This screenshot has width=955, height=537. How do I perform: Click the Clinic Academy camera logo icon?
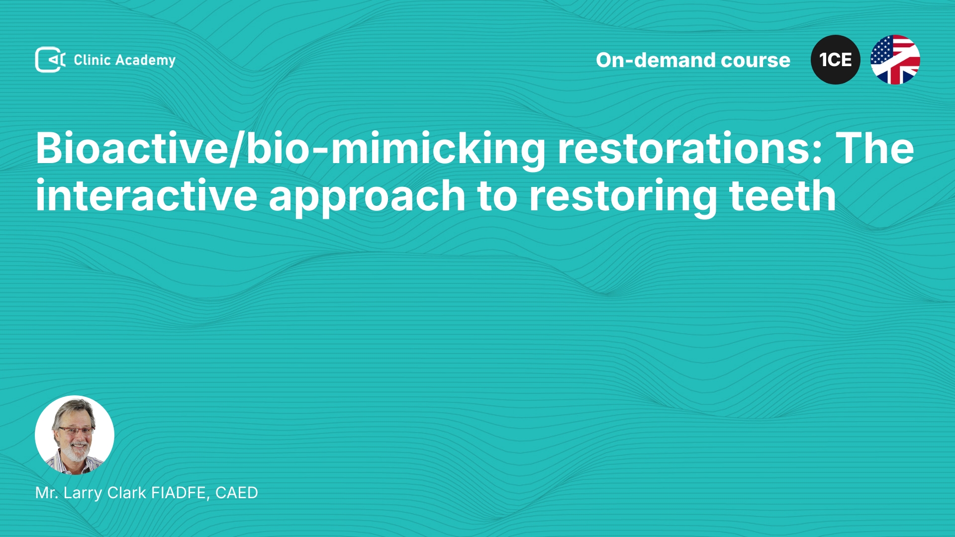50,60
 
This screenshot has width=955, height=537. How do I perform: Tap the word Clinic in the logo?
92,60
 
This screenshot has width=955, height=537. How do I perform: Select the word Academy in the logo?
145,61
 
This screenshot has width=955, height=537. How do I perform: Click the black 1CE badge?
836,60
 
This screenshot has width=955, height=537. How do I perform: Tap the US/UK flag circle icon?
895,60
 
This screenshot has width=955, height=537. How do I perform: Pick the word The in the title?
874,148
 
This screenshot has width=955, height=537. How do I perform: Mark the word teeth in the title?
782,196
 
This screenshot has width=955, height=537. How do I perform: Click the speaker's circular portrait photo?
75,435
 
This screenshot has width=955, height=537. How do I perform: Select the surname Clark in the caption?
127,493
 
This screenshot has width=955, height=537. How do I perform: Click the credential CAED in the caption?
237,493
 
